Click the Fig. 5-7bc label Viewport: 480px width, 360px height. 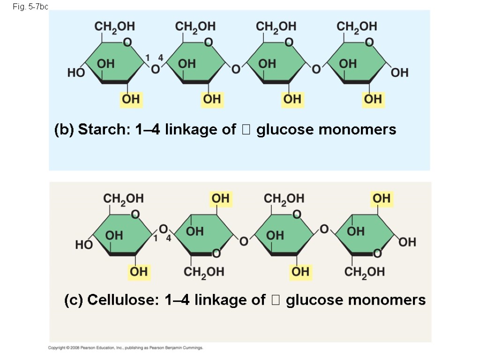coord(30,7)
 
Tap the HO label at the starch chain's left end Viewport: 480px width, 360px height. coord(75,73)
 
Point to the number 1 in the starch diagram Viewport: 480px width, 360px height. coord(147,57)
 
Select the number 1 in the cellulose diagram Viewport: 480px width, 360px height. coord(155,239)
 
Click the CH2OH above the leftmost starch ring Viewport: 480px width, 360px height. coord(115,26)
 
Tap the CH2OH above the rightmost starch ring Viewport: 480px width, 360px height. coord(357,26)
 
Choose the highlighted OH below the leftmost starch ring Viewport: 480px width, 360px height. coord(131,99)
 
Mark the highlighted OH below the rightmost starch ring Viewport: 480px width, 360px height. coord(373,99)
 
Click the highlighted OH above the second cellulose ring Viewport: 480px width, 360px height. coord(220,199)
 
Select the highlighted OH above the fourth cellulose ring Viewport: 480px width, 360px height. coord(382,199)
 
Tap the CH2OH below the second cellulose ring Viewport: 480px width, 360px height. coord(204,272)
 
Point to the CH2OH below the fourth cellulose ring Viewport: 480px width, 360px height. coord(365,272)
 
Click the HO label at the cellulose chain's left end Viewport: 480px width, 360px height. coord(84,245)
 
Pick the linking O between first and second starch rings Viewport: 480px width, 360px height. coord(155,70)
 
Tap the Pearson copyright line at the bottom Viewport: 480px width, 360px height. coord(126,348)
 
